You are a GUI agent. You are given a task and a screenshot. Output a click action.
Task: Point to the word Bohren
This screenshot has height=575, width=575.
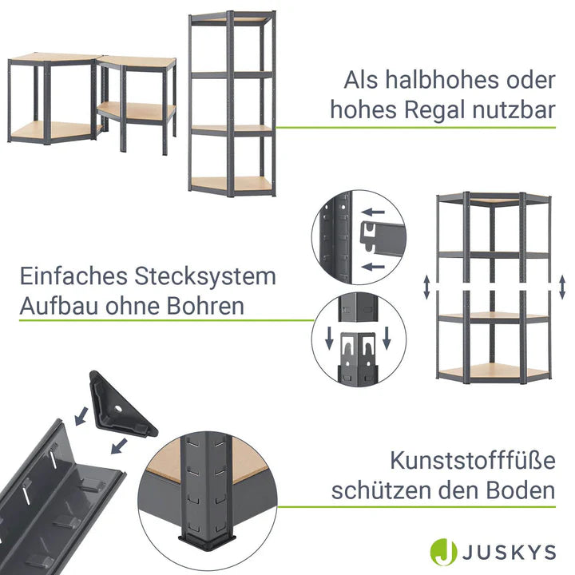[205, 306]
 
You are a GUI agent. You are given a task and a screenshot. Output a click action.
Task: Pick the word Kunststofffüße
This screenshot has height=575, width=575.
[473, 462]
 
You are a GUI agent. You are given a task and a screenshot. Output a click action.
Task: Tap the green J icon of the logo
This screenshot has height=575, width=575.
[445, 552]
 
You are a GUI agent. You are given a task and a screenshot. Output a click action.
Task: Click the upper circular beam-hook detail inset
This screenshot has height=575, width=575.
[358, 237]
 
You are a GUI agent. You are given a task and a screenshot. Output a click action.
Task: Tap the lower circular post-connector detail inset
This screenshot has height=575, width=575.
[358, 340]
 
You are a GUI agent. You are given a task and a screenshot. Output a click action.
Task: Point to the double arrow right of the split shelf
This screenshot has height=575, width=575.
[562, 287]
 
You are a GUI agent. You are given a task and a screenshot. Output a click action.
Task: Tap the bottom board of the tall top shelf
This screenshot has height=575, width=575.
[232, 184]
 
